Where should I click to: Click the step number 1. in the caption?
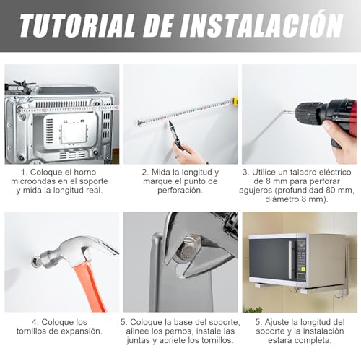(25, 173)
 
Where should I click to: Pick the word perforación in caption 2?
(180, 193)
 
